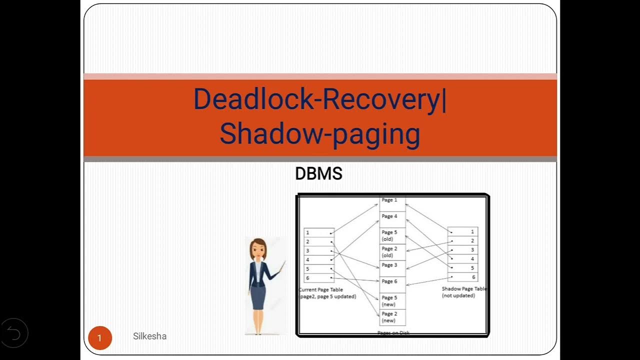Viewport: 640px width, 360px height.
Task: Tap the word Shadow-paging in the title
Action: [319, 134]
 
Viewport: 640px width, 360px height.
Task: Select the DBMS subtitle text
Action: [318, 174]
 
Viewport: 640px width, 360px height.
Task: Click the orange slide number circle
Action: [99, 338]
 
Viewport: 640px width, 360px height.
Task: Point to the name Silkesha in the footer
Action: [149, 336]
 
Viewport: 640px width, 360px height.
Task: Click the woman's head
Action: [258, 248]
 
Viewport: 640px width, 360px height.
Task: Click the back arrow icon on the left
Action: [14, 333]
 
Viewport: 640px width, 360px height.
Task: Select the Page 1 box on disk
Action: [392, 202]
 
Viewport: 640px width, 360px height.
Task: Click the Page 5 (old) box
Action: [392, 235]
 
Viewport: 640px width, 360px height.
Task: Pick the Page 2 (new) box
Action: [392, 317]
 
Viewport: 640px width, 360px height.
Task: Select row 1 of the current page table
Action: [319, 232]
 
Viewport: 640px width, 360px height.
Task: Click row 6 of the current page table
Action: [319, 278]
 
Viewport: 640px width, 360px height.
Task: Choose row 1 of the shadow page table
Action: [463, 231]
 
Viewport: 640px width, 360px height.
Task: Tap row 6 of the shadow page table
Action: [463, 277]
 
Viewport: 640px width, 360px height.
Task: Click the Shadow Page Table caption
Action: [463, 292]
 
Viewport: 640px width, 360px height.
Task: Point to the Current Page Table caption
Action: [327, 293]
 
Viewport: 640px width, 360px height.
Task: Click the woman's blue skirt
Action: [258, 297]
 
